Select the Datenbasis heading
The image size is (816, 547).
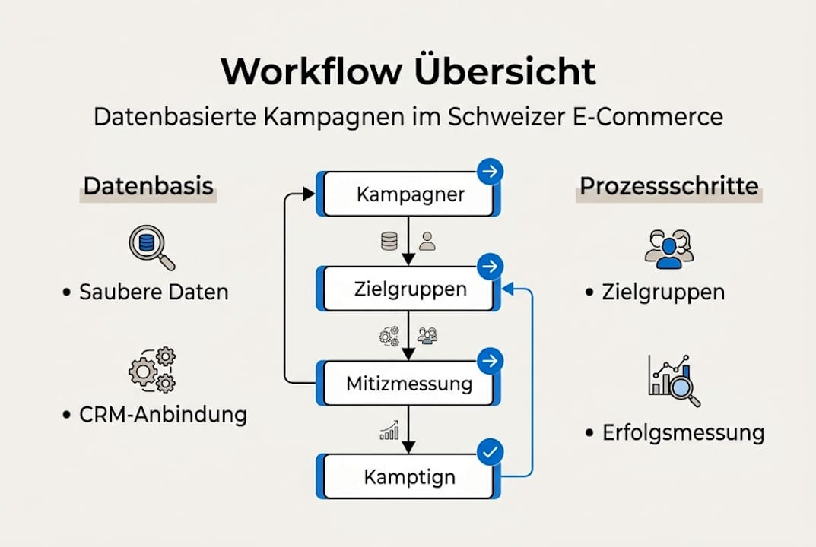148,187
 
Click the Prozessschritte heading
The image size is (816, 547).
668,187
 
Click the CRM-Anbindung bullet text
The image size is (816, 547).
163,415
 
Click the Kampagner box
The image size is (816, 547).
409,194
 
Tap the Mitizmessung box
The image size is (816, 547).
409,383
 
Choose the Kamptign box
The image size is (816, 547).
409,477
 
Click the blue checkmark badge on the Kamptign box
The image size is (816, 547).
490,454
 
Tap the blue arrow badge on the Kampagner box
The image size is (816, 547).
490,173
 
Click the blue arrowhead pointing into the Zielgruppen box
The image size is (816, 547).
509,287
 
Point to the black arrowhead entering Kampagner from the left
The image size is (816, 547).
309,194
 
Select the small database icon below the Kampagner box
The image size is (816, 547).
389,242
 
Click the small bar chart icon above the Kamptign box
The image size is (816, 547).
389,432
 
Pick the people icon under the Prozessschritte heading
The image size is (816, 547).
668,249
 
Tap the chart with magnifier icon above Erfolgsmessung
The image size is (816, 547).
674,379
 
